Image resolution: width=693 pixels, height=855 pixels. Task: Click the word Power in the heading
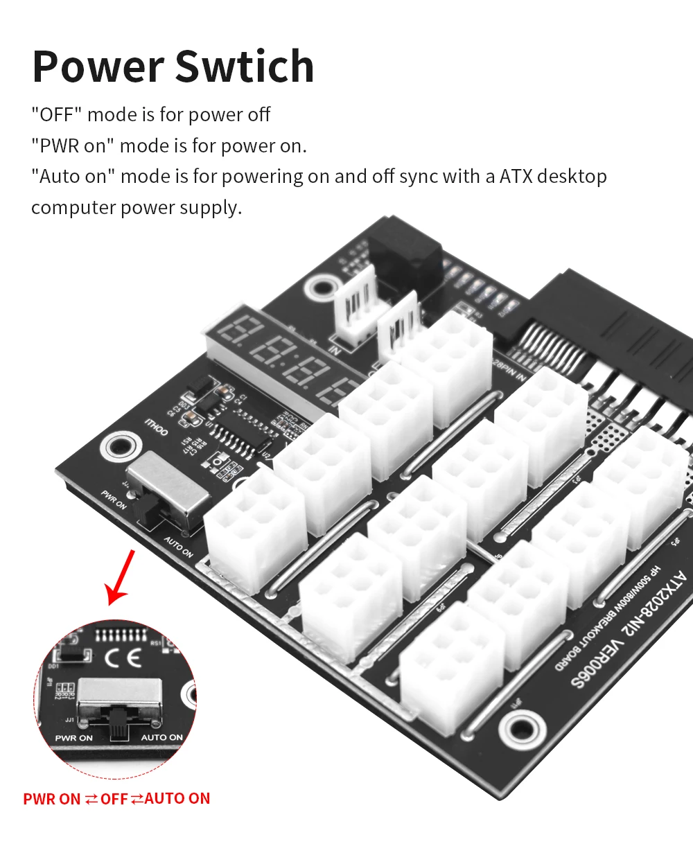tap(97, 67)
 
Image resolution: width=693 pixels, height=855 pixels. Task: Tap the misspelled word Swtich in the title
tap(245, 67)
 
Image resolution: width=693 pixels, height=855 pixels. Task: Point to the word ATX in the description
tap(516, 177)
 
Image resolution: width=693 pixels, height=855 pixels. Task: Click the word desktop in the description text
tap(572, 177)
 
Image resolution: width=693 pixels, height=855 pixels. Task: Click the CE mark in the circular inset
tap(123, 657)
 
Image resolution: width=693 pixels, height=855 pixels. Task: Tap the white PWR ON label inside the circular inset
tap(74, 738)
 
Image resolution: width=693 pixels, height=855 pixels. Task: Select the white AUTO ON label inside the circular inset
tap(162, 737)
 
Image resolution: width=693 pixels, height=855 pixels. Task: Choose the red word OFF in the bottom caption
tap(114, 799)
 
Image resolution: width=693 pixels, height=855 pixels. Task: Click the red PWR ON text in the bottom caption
tap(52, 799)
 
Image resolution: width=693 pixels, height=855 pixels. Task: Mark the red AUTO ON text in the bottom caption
tap(177, 798)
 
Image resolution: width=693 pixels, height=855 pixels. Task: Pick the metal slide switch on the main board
tap(166, 488)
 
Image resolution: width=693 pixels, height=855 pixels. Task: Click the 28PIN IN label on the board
tap(509, 369)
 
